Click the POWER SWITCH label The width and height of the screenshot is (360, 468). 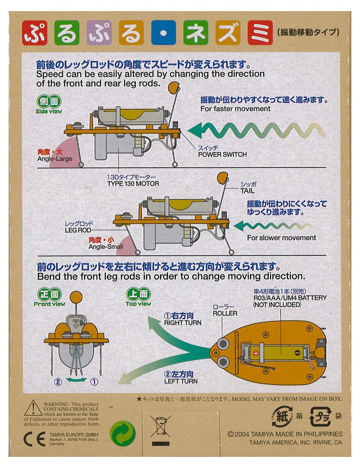(222, 155)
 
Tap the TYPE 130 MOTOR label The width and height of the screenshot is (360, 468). (133, 183)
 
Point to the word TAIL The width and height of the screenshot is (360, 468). (247, 191)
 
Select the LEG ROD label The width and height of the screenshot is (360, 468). (78, 230)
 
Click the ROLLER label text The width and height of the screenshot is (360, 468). (225, 313)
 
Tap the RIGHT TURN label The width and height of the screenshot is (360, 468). (183, 323)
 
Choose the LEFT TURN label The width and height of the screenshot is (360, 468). (181, 381)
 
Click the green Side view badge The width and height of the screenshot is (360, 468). (49, 104)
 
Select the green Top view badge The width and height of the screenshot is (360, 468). (138, 297)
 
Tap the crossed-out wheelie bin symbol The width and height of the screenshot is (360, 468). (160, 426)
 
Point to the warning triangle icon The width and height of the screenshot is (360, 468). (33, 408)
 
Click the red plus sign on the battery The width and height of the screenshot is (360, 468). (256, 353)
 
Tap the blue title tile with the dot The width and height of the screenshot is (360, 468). (163, 32)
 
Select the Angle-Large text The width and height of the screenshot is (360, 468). (55, 159)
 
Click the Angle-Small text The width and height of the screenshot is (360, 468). (106, 247)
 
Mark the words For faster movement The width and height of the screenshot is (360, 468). (235, 109)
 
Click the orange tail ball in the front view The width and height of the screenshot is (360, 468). (76, 297)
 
